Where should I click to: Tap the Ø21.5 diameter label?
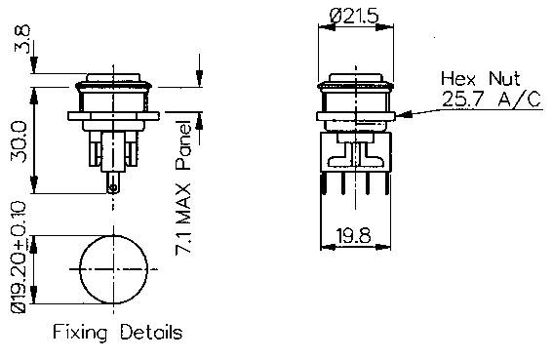(355, 17)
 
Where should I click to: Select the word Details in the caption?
(151, 333)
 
